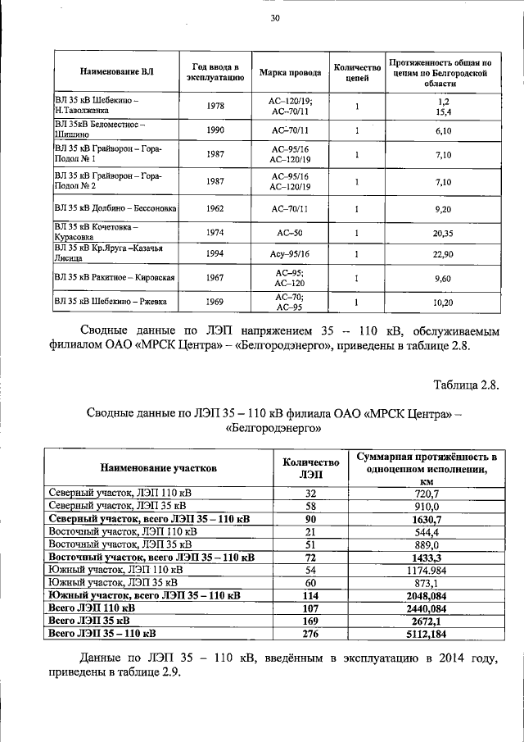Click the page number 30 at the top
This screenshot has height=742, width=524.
click(x=274, y=18)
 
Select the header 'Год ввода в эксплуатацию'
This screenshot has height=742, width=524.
click(x=215, y=72)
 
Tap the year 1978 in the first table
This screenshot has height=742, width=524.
click(x=215, y=106)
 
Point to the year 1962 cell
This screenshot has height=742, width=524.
click(x=215, y=209)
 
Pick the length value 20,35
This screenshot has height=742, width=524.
click(x=443, y=233)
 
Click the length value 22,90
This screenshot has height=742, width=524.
click(x=443, y=254)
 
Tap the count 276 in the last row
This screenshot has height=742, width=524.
click(x=310, y=634)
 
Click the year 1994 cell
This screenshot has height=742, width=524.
click(x=215, y=254)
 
